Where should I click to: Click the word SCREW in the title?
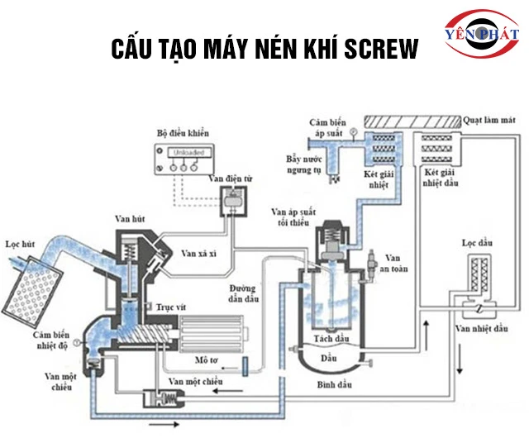click(x=375, y=50)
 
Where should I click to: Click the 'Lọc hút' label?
click(x=21, y=245)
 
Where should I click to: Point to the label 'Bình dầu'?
click(x=333, y=385)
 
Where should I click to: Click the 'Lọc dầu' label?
click(x=479, y=244)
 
